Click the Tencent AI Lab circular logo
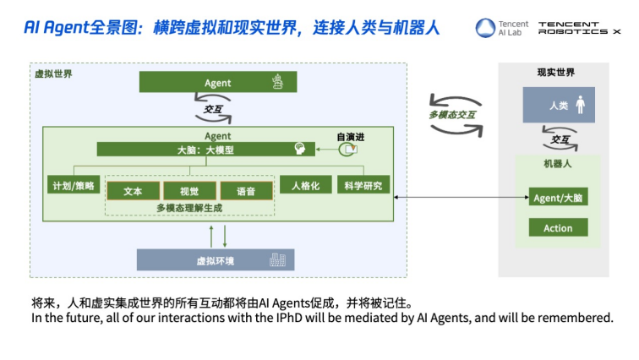pos(485,28)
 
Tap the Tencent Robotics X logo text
pos(579,28)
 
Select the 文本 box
pos(134,191)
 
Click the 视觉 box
pos(189,191)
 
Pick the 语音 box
pos(247,191)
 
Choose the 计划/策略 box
pos(74,185)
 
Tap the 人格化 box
pos(306,185)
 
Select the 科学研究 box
pos(363,185)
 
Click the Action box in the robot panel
pos(559,227)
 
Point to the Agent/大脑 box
pos(559,197)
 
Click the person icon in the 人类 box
pos(581,105)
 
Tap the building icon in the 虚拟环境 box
pos(277,259)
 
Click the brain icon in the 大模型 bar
pos(300,149)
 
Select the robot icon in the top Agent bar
pos(278,81)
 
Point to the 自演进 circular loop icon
pos(347,150)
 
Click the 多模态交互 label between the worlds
pos(452,115)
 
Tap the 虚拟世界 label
pos(53,74)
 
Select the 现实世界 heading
pos(556,73)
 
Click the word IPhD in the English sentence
pos(289,318)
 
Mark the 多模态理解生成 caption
pos(189,208)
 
